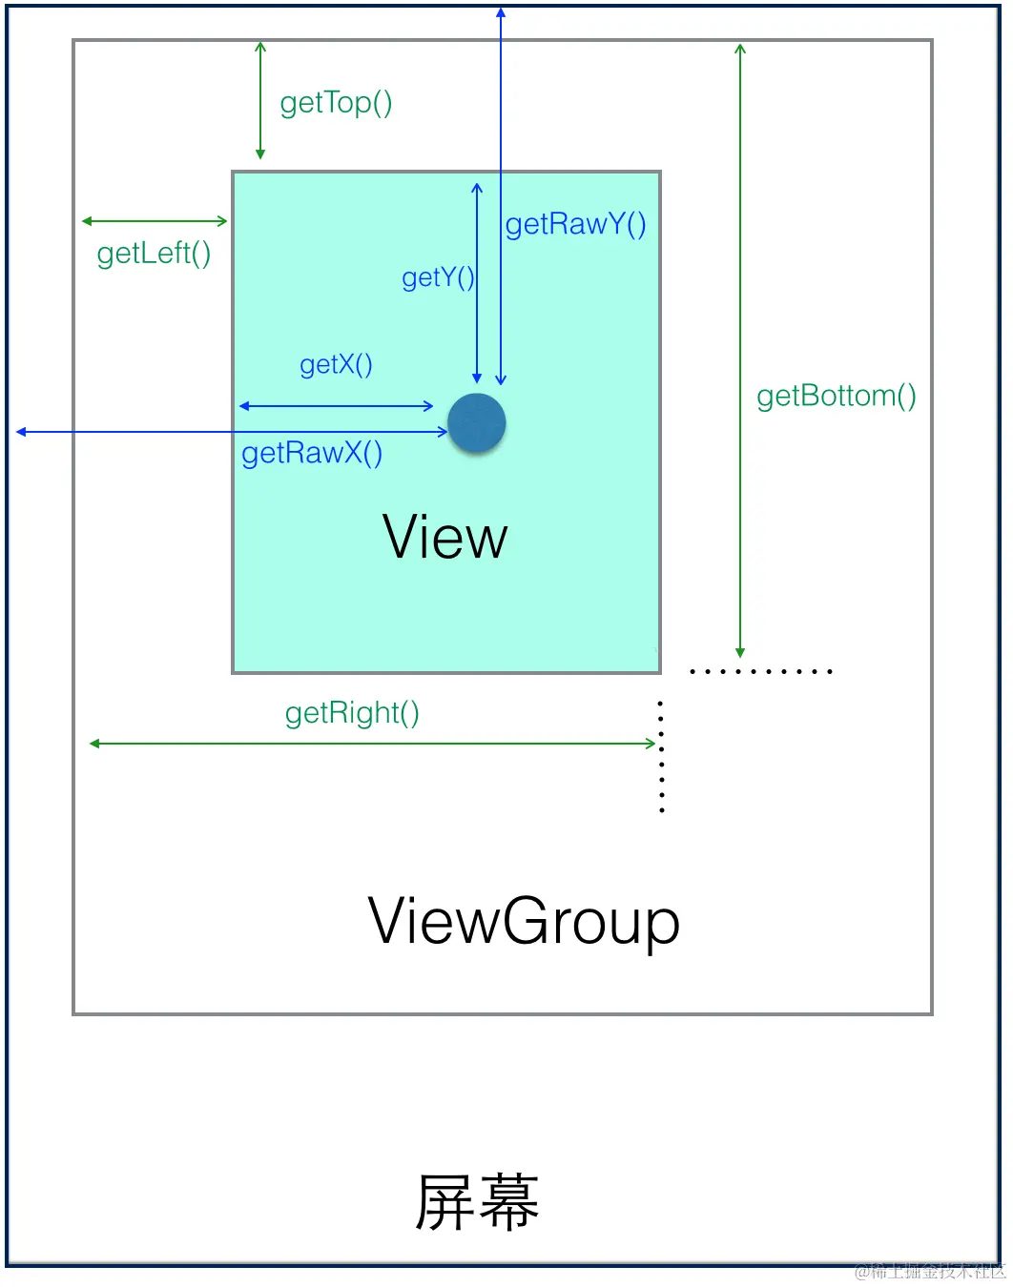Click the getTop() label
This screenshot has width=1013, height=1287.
pos(336,103)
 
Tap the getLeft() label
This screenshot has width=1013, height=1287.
pos(154,254)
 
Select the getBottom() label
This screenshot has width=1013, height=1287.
pos(836,396)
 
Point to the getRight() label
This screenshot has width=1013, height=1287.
pos(352,713)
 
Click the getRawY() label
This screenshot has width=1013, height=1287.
pos(575,224)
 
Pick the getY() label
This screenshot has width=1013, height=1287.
pos(438,277)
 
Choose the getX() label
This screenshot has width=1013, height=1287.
pos(336,365)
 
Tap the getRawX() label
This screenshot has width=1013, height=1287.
pos(312,453)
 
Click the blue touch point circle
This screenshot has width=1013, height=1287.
pos(477,423)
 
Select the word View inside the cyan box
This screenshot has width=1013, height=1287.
pos(444,538)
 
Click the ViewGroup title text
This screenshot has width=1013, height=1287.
pos(524,922)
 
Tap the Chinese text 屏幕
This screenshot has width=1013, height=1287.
pos(477,1202)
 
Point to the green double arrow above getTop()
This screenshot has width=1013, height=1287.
pos(260,100)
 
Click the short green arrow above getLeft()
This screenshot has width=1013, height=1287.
pos(155,221)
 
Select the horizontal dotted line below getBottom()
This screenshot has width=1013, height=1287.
pos(760,672)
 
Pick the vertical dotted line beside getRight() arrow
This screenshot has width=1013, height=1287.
pos(661,756)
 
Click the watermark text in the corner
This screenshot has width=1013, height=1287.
pos(930,1271)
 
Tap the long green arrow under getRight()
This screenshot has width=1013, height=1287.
pos(372,744)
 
